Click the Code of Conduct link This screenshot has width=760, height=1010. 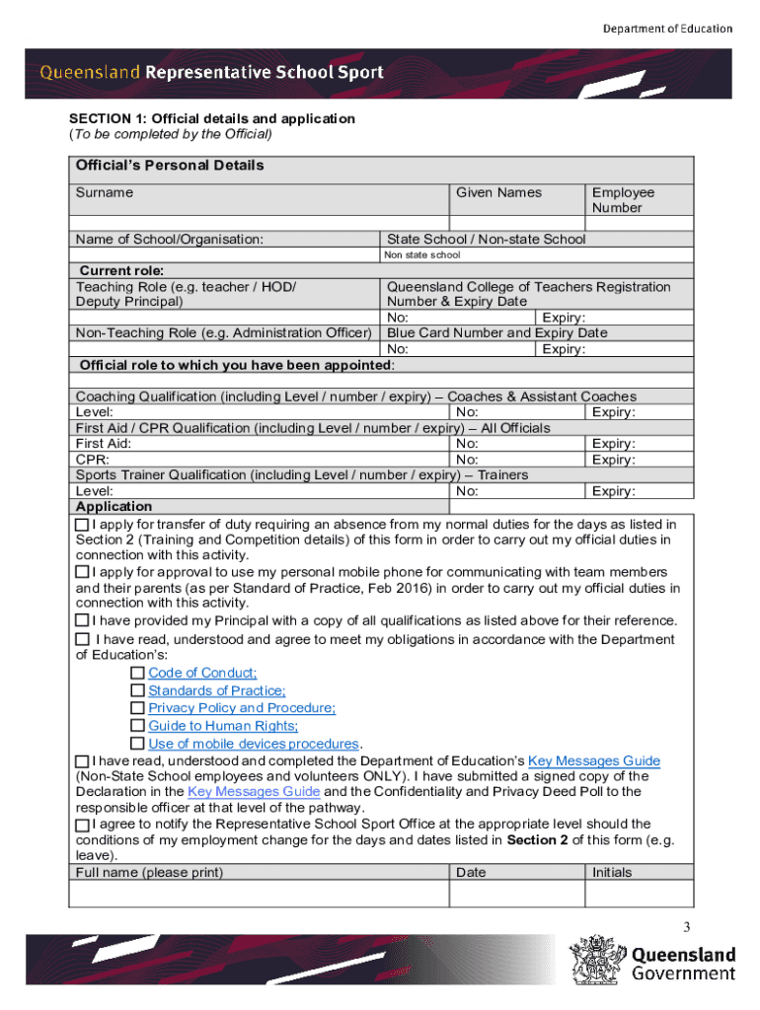point(202,673)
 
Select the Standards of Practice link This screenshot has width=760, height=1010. point(217,690)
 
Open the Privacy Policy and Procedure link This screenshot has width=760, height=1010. point(242,708)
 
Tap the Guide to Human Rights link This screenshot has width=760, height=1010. point(223,726)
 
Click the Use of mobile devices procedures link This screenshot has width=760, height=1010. point(253,744)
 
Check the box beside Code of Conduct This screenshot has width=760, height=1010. point(137,673)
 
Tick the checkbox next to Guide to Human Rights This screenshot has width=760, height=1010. point(137,726)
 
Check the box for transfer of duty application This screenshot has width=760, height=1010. point(83,524)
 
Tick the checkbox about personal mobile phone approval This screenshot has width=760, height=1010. point(83,572)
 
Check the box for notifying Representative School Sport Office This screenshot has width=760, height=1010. point(83,824)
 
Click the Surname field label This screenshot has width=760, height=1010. point(105,192)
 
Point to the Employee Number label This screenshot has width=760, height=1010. point(623,200)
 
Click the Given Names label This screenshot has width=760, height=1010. point(498,192)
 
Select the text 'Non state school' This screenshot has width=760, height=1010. point(423,255)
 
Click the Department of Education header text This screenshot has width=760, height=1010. point(668,29)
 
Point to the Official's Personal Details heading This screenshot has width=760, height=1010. point(170,166)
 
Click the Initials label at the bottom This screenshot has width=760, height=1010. point(612,872)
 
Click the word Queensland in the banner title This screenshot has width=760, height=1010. point(90,72)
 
